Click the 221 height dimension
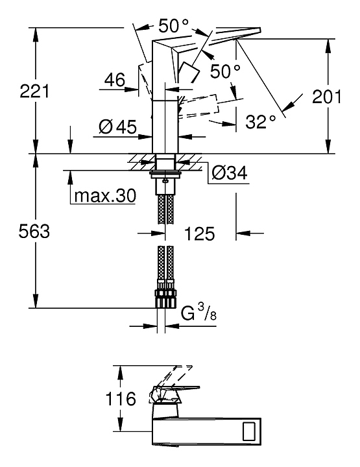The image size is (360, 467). pos(34,91)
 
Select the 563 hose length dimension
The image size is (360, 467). pos(34,231)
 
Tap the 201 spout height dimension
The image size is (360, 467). pos(327,97)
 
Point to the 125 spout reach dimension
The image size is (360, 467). pos(200,233)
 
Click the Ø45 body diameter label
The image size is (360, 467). pos(117,127)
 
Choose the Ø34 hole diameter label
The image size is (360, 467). pos(229,173)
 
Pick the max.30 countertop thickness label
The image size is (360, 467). pos(105,196)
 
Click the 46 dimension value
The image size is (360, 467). pos(115,80)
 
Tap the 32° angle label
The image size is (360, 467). pos(261,121)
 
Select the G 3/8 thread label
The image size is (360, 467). pos(198,314)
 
